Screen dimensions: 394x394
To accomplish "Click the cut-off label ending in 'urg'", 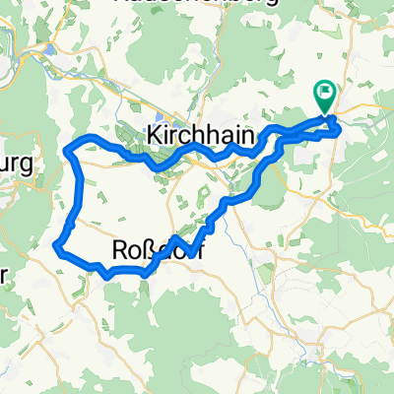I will coord(17,163).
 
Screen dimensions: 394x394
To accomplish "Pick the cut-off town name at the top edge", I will coord(197,4).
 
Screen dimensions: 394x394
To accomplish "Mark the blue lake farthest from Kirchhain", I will coord(49,49).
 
